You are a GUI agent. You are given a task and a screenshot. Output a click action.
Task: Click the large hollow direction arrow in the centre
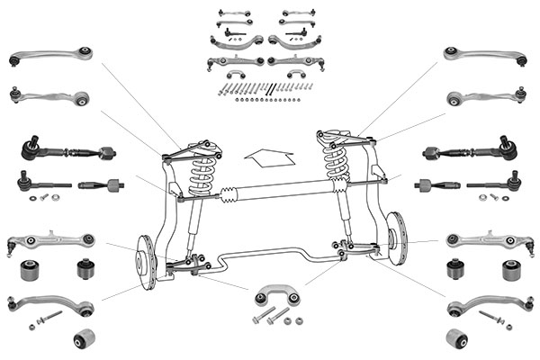(268, 158)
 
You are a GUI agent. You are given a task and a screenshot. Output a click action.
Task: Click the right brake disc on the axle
(394, 236)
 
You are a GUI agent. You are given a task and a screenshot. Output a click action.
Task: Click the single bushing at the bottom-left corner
(84, 338)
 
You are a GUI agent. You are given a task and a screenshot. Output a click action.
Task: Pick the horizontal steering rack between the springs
(270, 191)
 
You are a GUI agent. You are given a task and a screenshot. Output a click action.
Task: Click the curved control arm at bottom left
(50, 304)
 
